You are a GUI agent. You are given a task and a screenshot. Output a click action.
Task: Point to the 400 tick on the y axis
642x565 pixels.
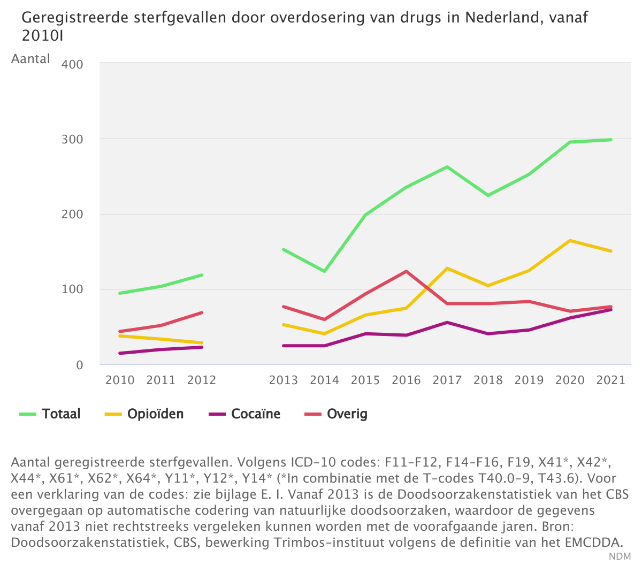(x=73, y=65)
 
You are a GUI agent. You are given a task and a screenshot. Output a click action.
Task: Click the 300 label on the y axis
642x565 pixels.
(x=73, y=140)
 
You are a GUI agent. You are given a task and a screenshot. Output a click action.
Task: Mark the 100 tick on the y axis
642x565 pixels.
(x=73, y=289)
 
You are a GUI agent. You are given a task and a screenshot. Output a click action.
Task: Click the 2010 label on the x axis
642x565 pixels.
(x=120, y=380)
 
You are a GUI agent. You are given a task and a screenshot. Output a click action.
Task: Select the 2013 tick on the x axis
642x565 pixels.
(x=284, y=380)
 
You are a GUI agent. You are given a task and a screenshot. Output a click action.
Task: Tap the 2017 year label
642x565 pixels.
(x=447, y=380)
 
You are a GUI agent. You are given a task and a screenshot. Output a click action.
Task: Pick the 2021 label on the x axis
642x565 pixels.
(x=610, y=380)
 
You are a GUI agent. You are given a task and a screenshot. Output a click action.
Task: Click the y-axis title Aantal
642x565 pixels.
(x=30, y=59)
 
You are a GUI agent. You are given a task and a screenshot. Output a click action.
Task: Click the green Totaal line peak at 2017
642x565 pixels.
(x=447, y=167)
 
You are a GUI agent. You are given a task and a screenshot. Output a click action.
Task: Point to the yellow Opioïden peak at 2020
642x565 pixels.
(x=570, y=241)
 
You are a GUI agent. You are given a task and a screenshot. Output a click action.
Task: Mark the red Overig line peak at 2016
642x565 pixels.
(x=406, y=271)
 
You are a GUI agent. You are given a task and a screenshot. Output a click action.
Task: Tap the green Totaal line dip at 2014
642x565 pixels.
(x=324, y=271)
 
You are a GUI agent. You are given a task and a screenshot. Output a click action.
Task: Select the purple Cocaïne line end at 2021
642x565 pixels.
(x=610, y=310)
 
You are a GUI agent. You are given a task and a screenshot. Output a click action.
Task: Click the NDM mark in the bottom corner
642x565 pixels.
(x=620, y=556)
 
